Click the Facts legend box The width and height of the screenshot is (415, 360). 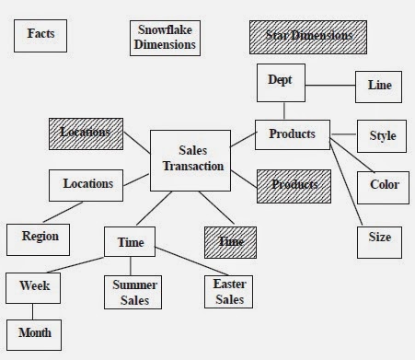pyautogui.click(x=40, y=35)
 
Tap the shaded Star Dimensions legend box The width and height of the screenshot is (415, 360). pyautogui.click(x=308, y=37)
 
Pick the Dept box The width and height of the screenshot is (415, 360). pyautogui.click(x=279, y=81)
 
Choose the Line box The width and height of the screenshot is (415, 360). pyautogui.click(x=379, y=86)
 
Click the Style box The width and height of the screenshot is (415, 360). pyautogui.click(x=382, y=136)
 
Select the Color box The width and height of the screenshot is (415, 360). pyautogui.click(x=384, y=185)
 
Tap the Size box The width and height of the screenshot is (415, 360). pyautogui.click(x=379, y=238)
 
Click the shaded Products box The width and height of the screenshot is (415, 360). pyautogui.click(x=293, y=185)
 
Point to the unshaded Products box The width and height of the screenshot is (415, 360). pyautogui.click(x=292, y=135)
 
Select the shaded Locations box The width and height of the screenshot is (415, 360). pyautogui.click(x=86, y=134)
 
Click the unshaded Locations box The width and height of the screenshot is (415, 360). pyautogui.click(x=87, y=184)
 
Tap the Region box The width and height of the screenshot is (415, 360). pyautogui.click(x=40, y=237)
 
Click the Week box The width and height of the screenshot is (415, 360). pyautogui.click(x=34, y=286)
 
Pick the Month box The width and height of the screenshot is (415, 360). pyautogui.click(x=34, y=332)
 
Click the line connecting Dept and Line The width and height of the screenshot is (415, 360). pyautogui.click(x=329, y=86)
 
